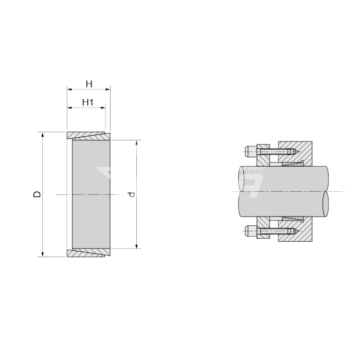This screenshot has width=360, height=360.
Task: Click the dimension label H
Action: click(x=89, y=84)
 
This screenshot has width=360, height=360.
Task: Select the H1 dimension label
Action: click(x=88, y=102)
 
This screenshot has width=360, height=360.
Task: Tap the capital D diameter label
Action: click(x=37, y=194)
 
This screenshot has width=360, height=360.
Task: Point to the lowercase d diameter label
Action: click(x=132, y=194)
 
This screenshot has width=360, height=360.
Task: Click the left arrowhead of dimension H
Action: click(x=69, y=89)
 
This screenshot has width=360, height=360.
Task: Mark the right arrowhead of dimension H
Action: click(x=107, y=89)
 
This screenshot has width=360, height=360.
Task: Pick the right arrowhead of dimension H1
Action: click(x=103, y=107)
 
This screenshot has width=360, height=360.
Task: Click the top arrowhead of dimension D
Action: click(x=43, y=135)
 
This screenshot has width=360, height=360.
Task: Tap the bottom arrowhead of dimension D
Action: click(x=43, y=254)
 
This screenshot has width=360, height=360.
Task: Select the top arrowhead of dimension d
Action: click(x=137, y=142)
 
